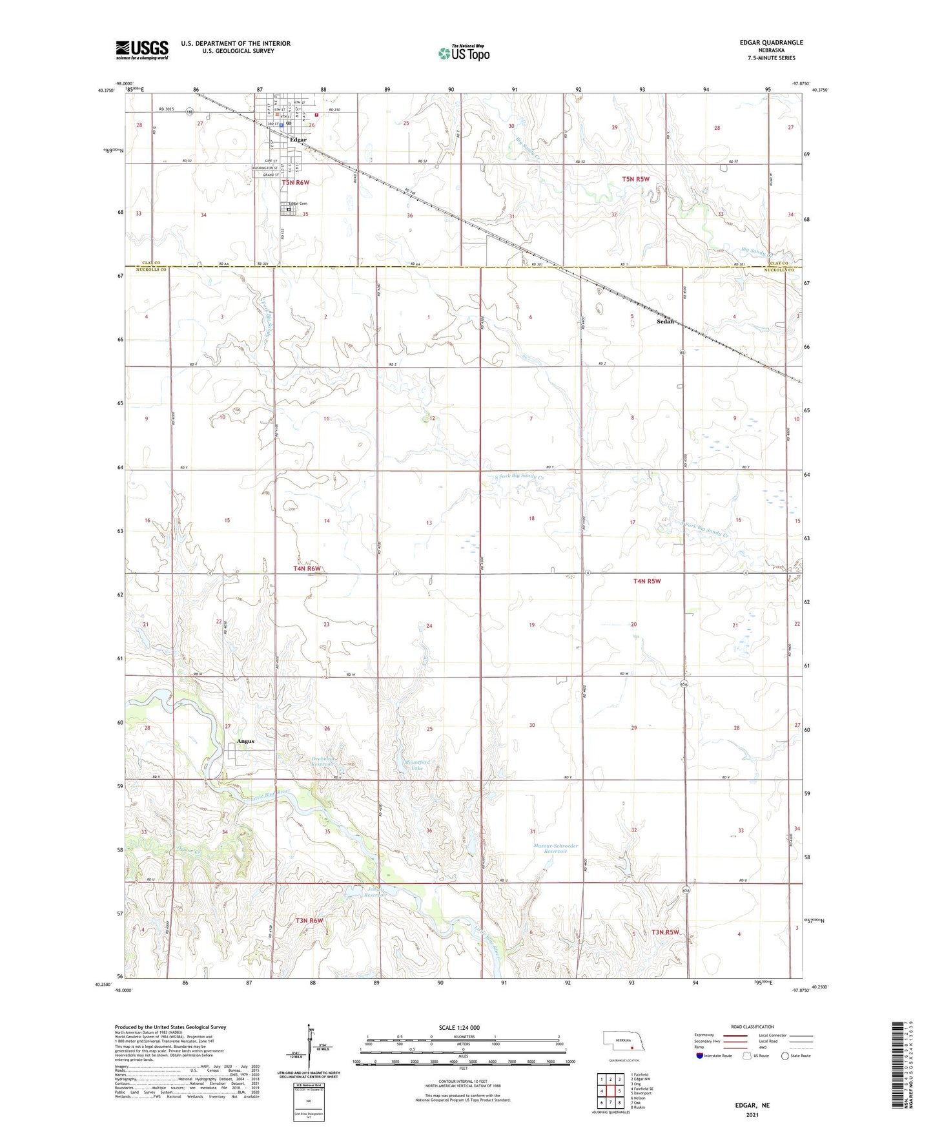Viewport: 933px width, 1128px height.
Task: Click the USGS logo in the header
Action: (x=142, y=50)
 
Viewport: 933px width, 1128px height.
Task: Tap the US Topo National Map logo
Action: (x=464, y=53)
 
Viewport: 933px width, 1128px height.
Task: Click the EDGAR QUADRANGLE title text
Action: (x=771, y=43)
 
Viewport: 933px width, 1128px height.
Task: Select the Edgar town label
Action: (x=298, y=140)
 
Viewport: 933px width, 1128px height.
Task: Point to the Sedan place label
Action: (x=665, y=321)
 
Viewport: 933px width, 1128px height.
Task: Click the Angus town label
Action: (x=245, y=741)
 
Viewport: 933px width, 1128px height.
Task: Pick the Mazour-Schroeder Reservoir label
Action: (x=556, y=848)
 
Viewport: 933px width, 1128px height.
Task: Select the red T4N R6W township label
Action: (x=307, y=569)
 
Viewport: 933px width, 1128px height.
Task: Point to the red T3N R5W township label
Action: (x=665, y=932)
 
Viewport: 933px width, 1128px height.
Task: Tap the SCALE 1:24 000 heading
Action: (x=459, y=1027)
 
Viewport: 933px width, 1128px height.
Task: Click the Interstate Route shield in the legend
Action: (x=700, y=1056)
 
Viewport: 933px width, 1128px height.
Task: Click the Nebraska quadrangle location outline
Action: (x=620, y=1041)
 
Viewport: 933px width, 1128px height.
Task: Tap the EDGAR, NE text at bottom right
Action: (x=752, y=1105)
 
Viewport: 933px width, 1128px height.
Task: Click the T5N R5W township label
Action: (x=635, y=178)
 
